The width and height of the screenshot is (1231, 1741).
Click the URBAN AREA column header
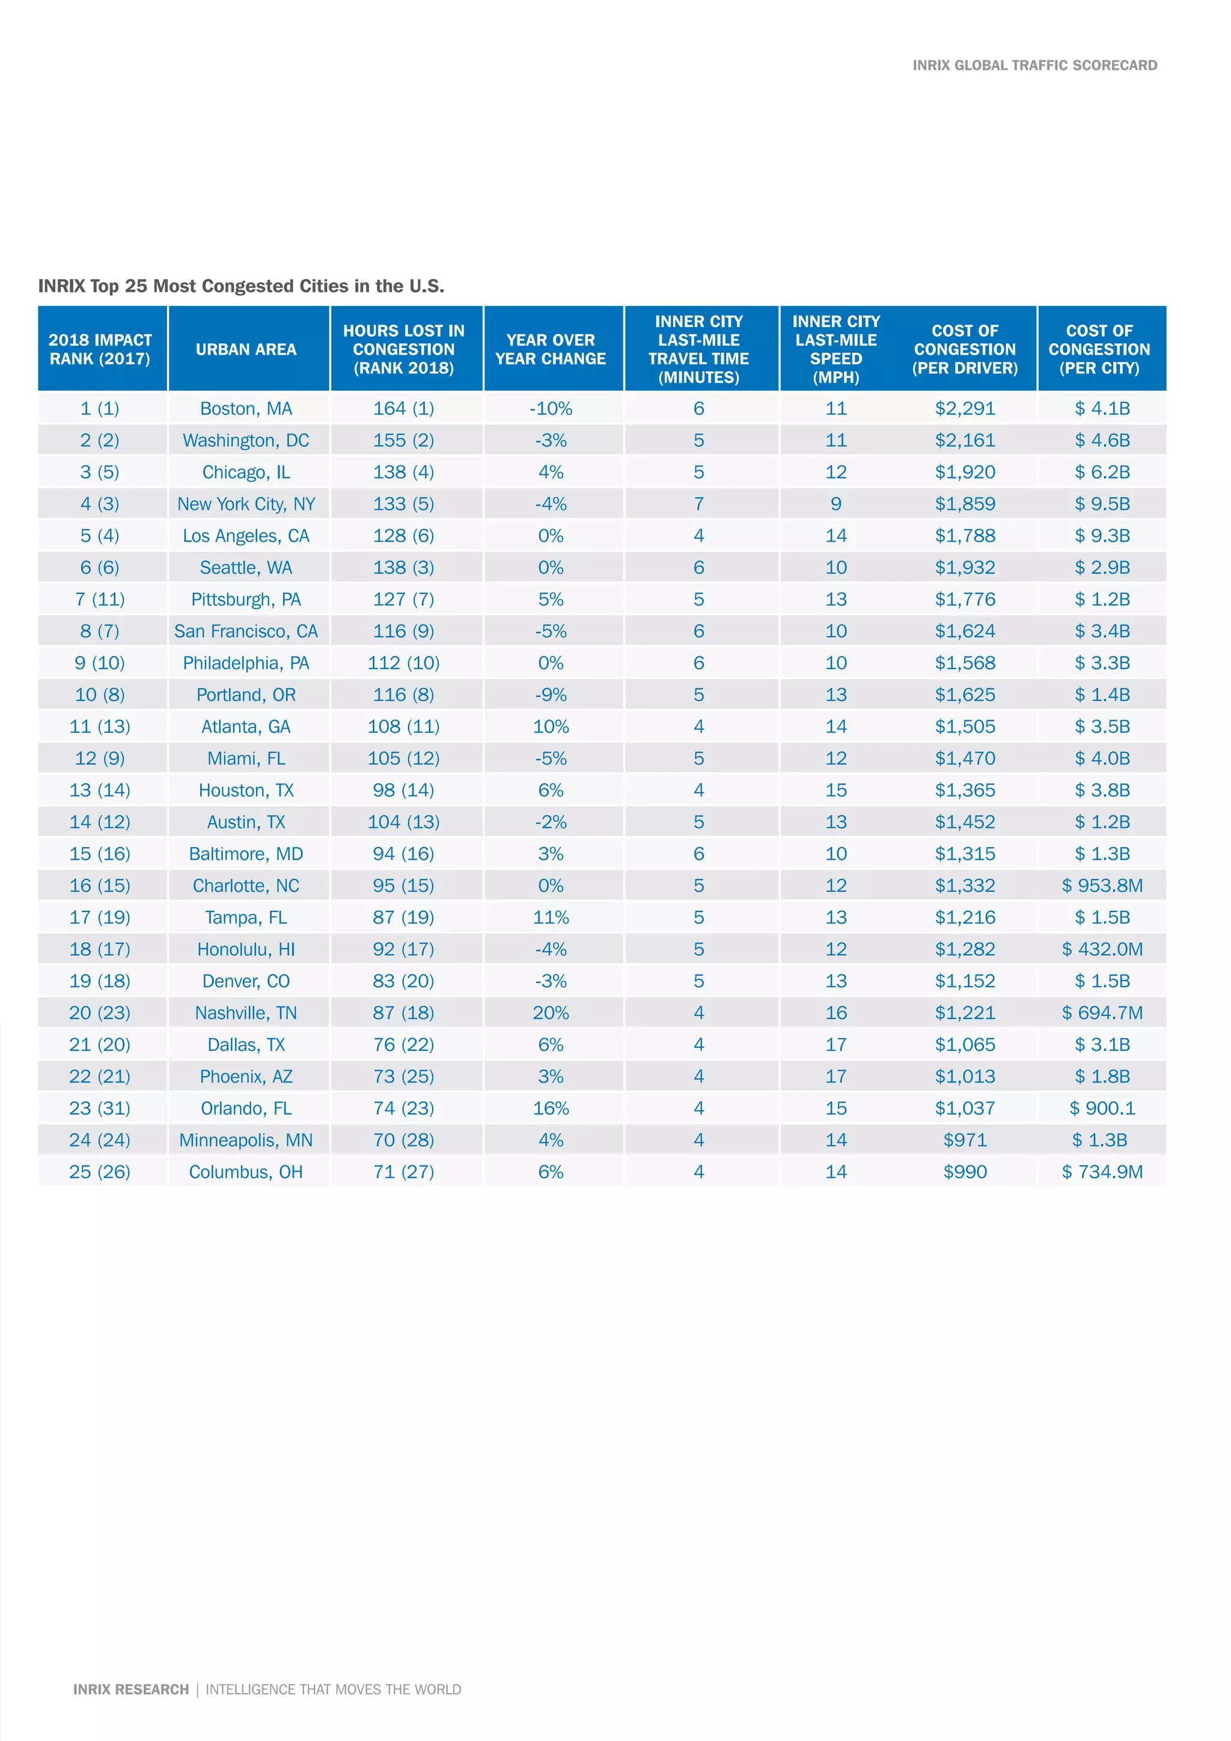246,349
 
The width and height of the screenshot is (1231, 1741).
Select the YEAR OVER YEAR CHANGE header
551,349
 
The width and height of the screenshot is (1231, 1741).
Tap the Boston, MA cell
246,409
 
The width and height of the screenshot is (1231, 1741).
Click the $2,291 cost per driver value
964,409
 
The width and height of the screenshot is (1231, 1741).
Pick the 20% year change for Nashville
551,1013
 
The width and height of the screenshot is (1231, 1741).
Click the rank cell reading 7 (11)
99,600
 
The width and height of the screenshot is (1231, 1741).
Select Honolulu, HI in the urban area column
246,949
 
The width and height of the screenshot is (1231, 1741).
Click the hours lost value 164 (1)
403,409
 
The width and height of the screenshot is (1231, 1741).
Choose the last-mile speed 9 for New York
835,504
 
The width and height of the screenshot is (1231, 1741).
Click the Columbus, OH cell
246,1172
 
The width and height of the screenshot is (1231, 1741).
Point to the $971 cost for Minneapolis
964,1140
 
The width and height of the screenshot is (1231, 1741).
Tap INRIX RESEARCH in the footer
130,1689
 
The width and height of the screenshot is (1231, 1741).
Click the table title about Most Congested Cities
241,287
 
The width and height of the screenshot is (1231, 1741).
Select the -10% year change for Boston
551,409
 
